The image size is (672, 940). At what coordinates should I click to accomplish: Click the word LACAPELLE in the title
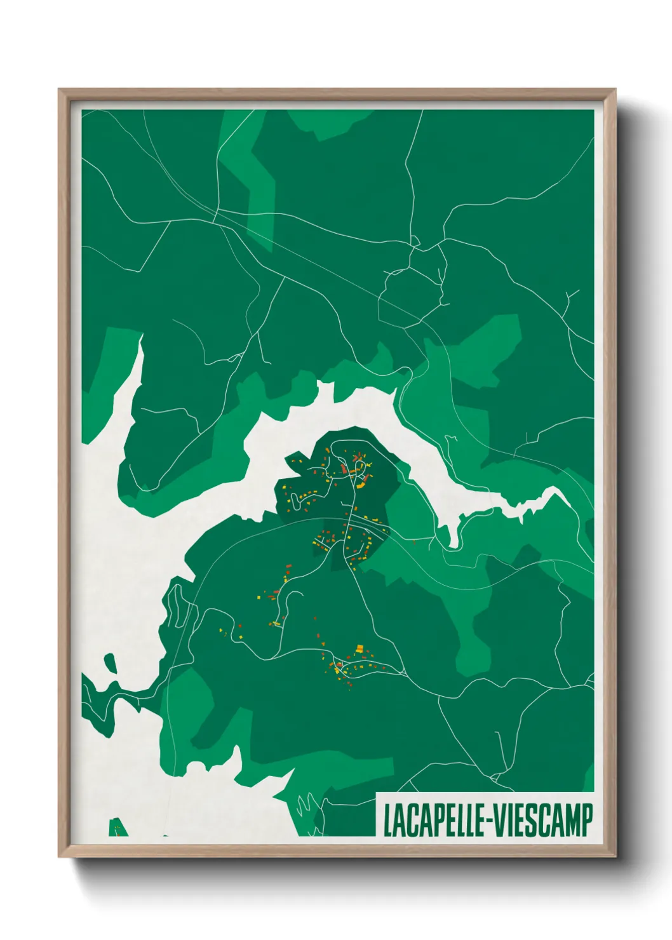(x=431, y=821)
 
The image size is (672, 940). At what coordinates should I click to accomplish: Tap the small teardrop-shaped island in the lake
(x=111, y=664)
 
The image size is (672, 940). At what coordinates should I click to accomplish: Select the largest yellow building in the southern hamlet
(x=360, y=648)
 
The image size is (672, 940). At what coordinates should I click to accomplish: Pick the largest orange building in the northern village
(x=343, y=469)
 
